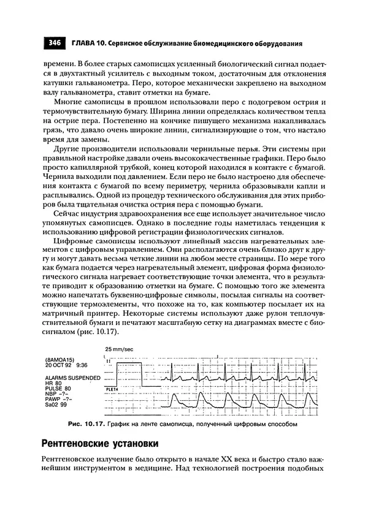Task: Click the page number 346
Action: coord(54,43)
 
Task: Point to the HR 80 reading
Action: coord(55,384)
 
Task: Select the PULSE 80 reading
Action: coord(59,389)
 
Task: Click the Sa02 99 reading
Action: coord(56,405)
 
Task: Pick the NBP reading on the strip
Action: coord(57,394)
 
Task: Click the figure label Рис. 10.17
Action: coord(88,423)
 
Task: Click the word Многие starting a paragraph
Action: coord(69,101)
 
